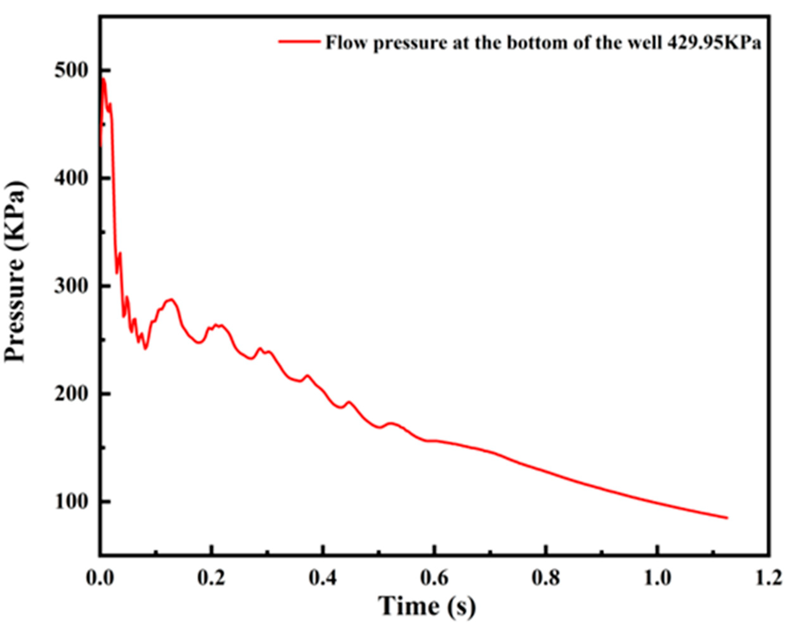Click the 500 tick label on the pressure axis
click(x=73, y=70)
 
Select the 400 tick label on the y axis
click(x=73, y=178)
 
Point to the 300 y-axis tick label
click(x=73, y=286)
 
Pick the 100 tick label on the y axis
click(x=73, y=502)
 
